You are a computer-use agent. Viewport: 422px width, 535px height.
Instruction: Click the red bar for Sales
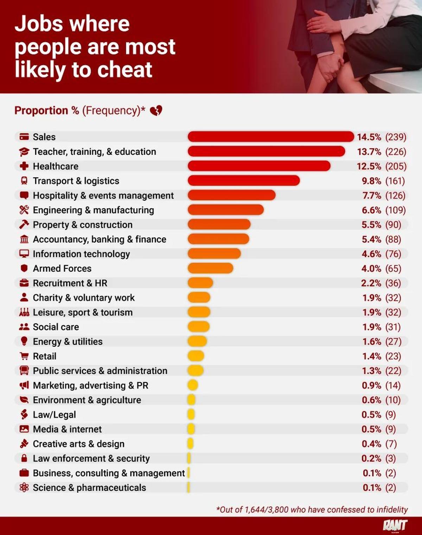[x=271, y=137]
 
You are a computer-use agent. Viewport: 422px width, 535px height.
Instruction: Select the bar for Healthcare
[x=259, y=166]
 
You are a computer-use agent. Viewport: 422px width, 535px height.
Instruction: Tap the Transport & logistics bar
[x=244, y=181]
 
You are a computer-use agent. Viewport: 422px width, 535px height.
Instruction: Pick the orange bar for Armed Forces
[x=210, y=268]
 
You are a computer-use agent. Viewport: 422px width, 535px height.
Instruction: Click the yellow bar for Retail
[x=196, y=356]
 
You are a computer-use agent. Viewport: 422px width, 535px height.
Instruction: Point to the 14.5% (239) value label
[x=382, y=137]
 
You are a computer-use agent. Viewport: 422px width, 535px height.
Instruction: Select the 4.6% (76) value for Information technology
[x=381, y=254]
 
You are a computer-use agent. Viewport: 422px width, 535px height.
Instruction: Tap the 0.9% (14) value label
[x=381, y=385]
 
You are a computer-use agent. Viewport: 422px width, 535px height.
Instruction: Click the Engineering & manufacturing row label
[x=93, y=210]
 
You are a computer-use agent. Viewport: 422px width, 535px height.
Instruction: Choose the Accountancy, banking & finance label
[x=100, y=239]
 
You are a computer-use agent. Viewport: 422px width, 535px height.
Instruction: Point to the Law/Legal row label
[x=54, y=415]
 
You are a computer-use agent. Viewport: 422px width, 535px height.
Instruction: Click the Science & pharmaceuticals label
[x=89, y=487]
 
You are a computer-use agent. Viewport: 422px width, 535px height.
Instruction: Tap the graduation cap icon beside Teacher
[x=24, y=152]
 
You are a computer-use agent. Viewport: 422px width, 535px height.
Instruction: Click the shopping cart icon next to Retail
[x=24, y=356]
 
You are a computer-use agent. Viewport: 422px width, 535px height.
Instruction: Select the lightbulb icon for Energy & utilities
[x=24, y=341]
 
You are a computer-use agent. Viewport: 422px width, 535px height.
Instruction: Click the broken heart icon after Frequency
[x=156, y=111]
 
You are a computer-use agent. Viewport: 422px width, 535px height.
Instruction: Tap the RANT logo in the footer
[x=395, y=525]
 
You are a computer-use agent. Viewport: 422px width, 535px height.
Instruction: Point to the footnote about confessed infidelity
[x=312, y=509]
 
